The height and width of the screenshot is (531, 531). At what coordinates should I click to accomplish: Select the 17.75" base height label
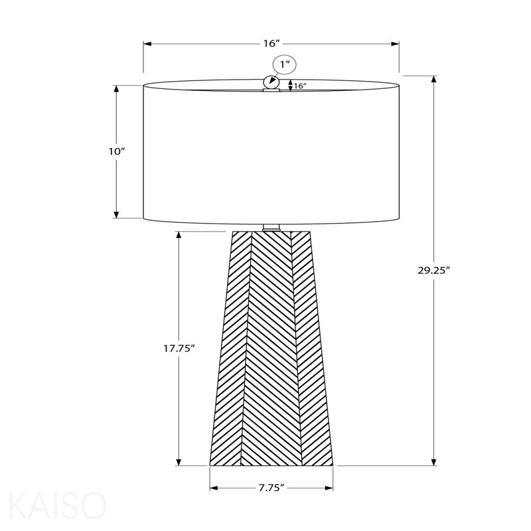point(179,348)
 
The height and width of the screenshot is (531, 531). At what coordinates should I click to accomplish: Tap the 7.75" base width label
point(271,488)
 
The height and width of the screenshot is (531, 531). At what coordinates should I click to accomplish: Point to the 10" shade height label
point(117,151)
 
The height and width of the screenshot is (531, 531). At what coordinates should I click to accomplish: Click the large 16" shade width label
point(272,44)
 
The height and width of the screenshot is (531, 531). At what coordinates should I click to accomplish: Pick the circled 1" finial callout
point(285,64)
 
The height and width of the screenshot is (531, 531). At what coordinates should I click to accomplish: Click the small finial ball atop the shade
point(271,82)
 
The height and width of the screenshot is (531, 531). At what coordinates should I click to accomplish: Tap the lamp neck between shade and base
point(271,227)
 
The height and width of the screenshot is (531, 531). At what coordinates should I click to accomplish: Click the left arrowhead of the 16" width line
point(147,44)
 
